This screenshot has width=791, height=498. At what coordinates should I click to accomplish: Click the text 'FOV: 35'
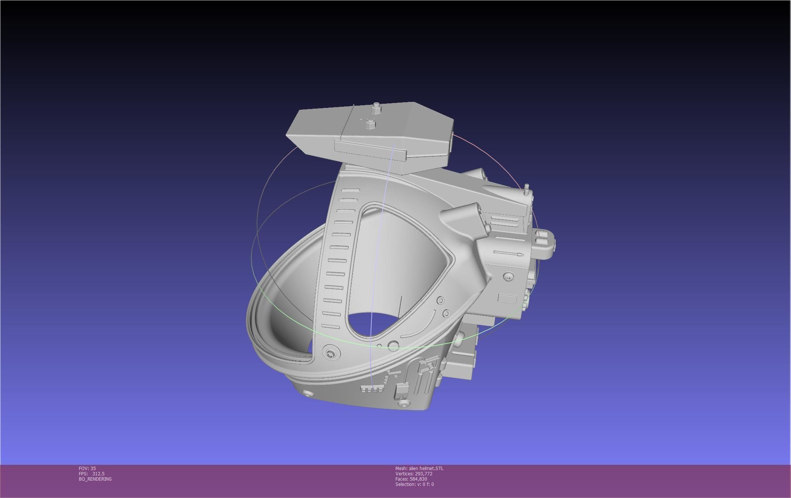click(87, 468)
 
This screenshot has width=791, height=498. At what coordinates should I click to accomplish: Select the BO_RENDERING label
click(95, 479)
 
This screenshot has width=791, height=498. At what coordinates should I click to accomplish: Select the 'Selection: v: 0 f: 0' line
click(414, 484)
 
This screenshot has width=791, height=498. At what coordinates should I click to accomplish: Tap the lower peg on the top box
click(370, 124)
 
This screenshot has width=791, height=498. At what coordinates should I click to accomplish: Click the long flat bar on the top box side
click(370, 149)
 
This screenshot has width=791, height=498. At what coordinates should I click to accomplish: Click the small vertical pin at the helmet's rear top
click(527, 188)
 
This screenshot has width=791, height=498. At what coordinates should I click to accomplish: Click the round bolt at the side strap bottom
click(331, 354)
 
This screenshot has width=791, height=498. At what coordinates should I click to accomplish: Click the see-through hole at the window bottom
click(374, 324)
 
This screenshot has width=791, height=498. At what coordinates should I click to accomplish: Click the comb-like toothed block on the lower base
click(370, 389)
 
